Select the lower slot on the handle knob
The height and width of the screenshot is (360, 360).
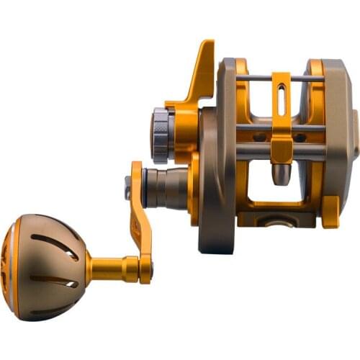tap(54, 281)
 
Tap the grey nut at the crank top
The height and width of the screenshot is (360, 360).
tap(128, 189)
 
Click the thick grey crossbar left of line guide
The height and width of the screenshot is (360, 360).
tap(252, 153)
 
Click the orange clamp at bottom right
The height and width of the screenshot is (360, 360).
tap(330, 212)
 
